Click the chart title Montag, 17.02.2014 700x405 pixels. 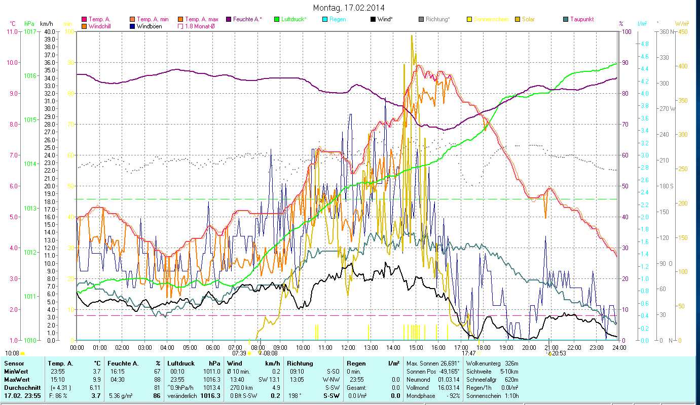tap(349, 8)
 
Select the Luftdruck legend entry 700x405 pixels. tap(294, 19)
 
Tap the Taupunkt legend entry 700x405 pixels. tap(581, 19)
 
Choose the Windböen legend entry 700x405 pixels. tap(149, 26)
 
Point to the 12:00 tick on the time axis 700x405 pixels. tap(348, 347)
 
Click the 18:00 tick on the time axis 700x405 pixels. tap(484, 347)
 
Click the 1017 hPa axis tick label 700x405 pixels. tap(29, 32)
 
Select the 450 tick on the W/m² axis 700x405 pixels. tap(683, 32)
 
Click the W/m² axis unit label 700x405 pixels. tap(681, 23)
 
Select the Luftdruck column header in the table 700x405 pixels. tap(181, 363)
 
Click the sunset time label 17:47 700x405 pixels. tap(468, 353)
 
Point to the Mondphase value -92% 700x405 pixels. tap(453, 395)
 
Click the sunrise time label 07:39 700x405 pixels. tap(239, 353)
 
